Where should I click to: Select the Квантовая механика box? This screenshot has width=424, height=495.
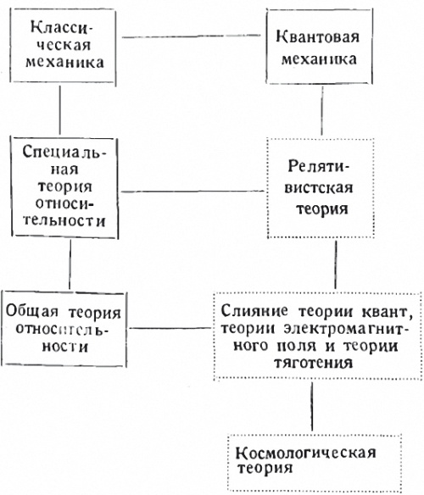tap(321, 51)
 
